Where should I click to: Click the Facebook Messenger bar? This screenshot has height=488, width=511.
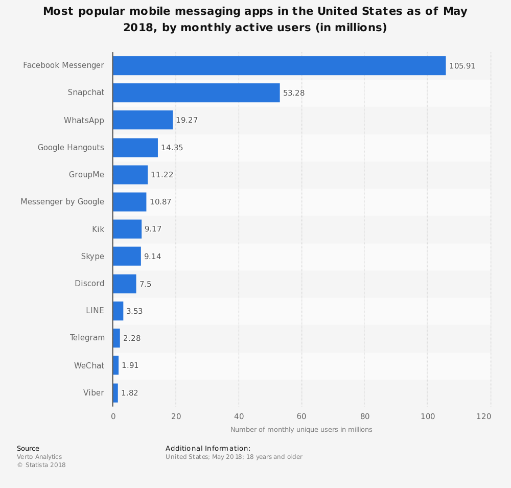pyautogui.click(x=279, y=65)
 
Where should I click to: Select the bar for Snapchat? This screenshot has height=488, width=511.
pyautogui.click(x=196, y=93)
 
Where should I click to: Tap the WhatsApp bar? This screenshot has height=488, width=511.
pyautogui.click(x=143, y=120)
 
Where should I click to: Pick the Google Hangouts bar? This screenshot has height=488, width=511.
pyautogui.click(x=135, y=148)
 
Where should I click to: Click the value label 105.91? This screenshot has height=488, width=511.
pyautogui.click(x=462, y=66)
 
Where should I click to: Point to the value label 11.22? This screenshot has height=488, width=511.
pyautogui.click(x=162, y=175)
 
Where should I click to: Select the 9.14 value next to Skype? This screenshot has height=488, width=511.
pyautogui.click(x=153, y=257)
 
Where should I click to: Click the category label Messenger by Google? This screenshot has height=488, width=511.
pyautogui.click(x=62, y=202)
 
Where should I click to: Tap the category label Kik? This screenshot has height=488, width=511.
pyautogui.click(x=98, y=229)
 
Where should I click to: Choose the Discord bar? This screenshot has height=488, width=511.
pyautogui.click(x=125, y=284)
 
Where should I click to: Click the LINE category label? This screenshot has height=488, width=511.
pyautogui.click(x=95, y=311)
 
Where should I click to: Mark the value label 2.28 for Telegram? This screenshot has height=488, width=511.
pyautogui.click(x=132, y=338)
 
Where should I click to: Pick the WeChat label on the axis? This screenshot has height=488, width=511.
pyautogui.click(x=89, y=365)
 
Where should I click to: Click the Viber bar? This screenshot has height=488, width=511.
pyautogui.click(x=115, y=393)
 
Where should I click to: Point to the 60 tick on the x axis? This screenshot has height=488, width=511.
pyautogui.click(x=301, y=416)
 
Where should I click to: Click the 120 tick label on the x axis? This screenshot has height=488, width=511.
pyautogui.click(x=484, y=416)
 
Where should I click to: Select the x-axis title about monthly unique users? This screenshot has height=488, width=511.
pyautogui.click(x=301, y=430)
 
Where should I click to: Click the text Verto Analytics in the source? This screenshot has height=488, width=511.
pyautogui.click(x=39, y=457)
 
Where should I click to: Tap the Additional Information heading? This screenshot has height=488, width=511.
pyautogui.click(x=208, y=448)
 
